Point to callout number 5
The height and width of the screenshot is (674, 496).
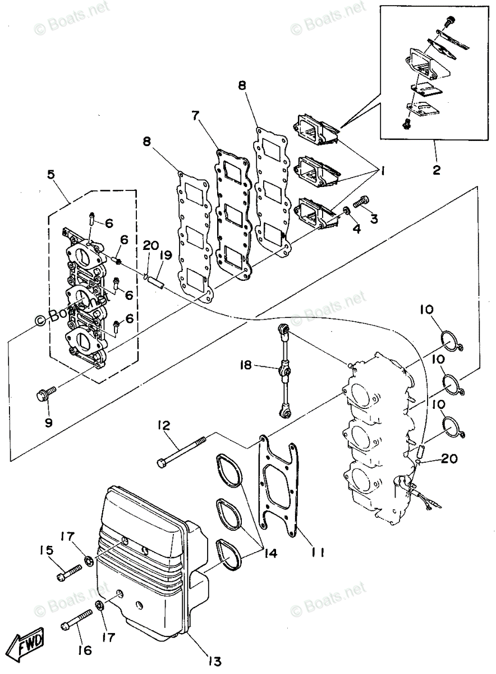pyautogui.click(x=52, y=175)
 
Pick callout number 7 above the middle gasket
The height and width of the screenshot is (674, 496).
pyautogui.click(x=195, y=116)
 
